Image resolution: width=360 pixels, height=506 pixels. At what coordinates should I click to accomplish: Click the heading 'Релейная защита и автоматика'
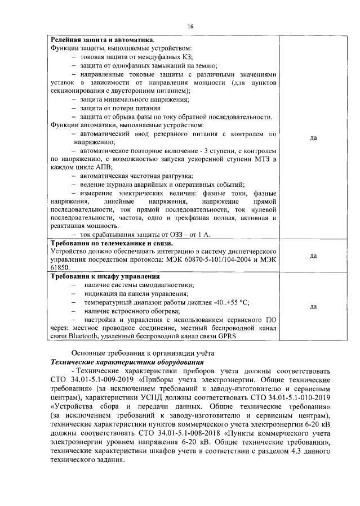click(x=102, y=40)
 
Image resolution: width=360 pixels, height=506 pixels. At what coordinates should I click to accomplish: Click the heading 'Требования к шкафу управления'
click(x=105, y=276)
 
